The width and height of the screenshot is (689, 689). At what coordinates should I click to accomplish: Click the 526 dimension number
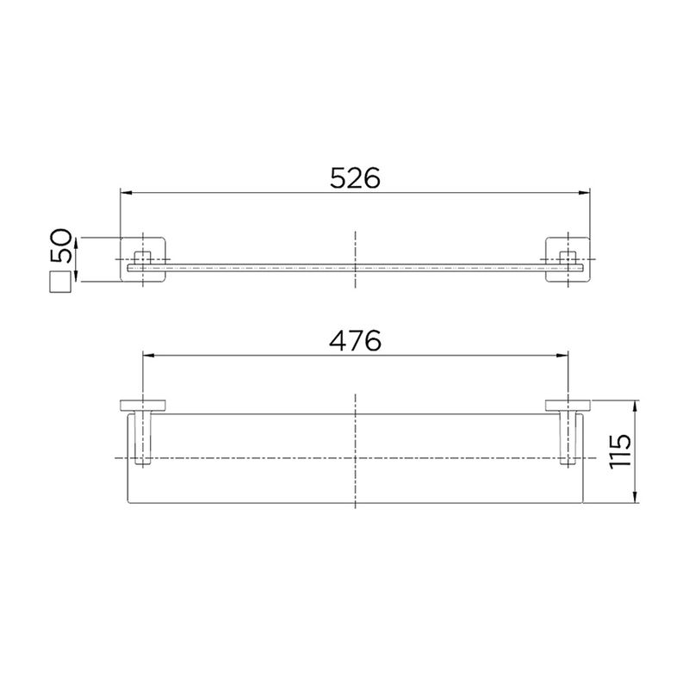tap(355, 177)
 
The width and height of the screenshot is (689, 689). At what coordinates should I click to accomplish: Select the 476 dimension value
tap(355, 340)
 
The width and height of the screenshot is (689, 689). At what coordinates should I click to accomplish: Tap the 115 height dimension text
tap(620, 451)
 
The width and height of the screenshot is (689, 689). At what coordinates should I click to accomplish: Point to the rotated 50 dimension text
tap(60, 245)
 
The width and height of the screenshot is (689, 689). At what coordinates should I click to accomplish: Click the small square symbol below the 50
tap(60, 282)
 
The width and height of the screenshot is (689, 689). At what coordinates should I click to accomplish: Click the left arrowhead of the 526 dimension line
tap(127, 192)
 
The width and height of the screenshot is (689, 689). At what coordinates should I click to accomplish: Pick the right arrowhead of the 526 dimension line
tap(584, 192)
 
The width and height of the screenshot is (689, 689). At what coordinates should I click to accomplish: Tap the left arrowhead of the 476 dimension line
tap(149, 356)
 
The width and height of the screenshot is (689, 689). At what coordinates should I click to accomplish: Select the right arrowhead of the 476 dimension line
tap(562, 356)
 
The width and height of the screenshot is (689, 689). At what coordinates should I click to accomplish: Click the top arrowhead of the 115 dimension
tap(636, 407)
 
